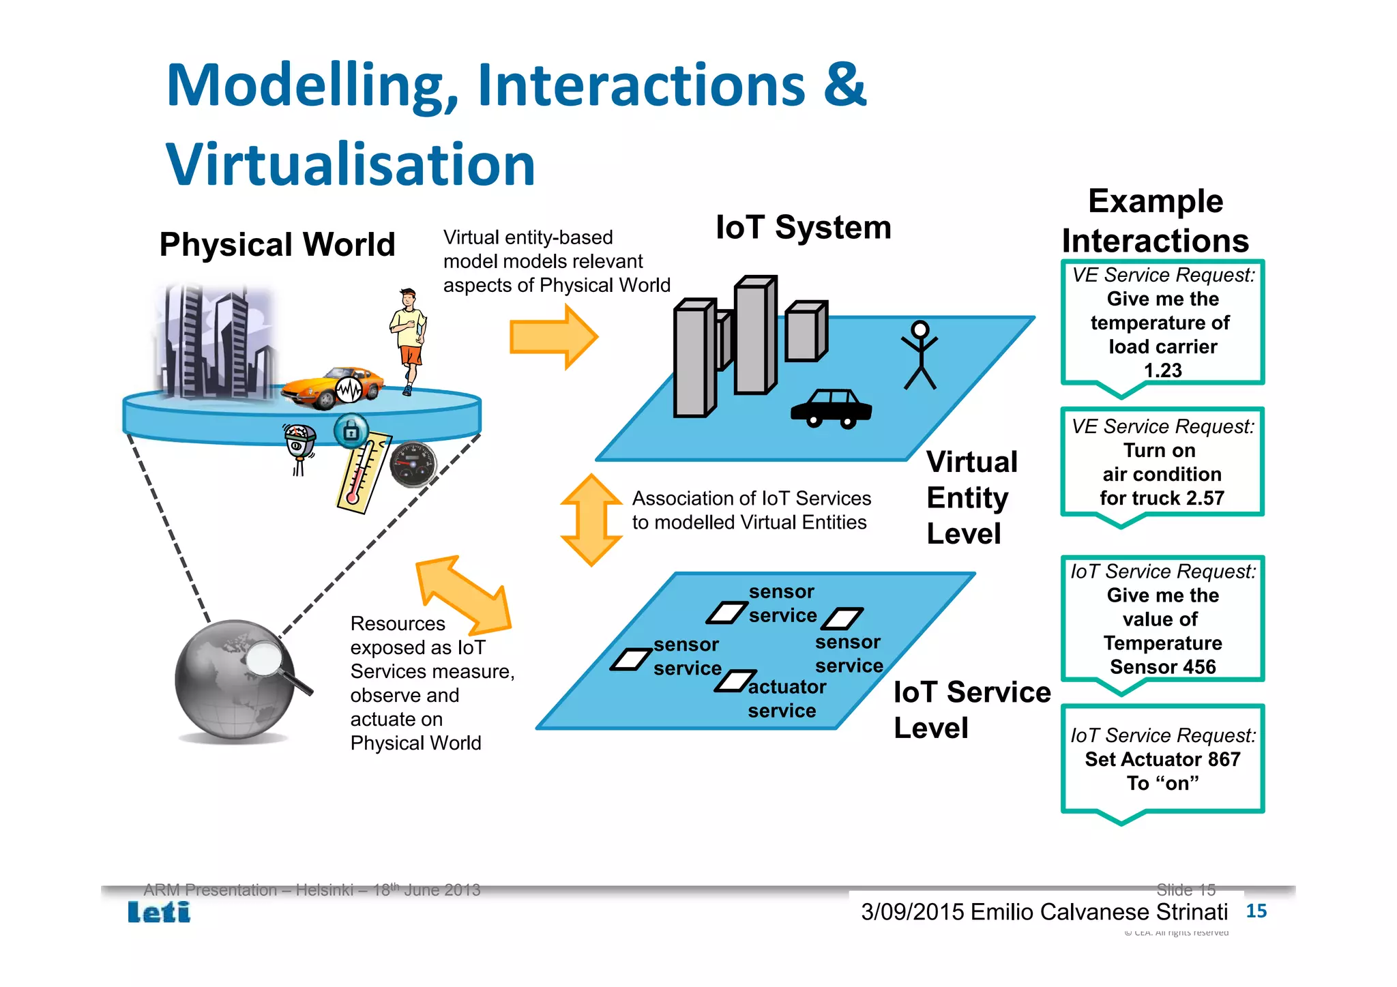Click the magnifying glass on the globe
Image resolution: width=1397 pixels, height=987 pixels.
(267, 660)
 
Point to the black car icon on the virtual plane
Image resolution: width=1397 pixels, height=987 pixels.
(831, 408)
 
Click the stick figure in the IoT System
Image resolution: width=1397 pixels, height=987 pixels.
(920, 355)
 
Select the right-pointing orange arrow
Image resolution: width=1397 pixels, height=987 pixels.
(553, 337)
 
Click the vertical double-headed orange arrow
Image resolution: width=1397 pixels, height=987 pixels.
(591, 520)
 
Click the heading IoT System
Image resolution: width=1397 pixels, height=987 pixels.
(803, 227)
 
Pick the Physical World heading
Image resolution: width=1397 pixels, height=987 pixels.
(277, 244)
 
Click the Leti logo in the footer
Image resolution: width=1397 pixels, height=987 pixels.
(159, 912)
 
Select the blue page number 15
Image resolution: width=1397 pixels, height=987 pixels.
(1256, 911)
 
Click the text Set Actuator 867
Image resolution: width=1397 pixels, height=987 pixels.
(1162, 759)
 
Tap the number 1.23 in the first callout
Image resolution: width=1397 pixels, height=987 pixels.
(1162, 370)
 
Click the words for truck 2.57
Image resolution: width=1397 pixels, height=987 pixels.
(1162, 498)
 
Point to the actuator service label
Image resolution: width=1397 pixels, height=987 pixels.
(786, 698)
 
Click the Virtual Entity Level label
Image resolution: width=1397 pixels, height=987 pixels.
(971, 497)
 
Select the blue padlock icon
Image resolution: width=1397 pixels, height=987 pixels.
(351, 431)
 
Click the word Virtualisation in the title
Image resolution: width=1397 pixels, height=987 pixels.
(351, 164)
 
